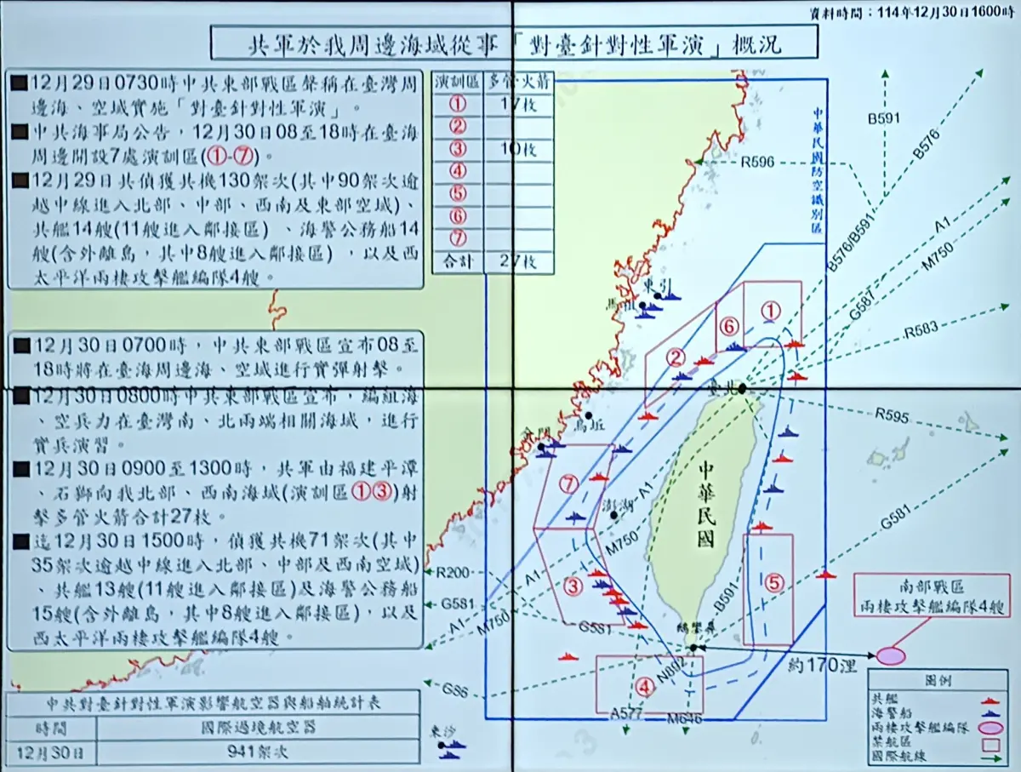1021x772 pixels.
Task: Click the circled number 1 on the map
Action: pos(770,312)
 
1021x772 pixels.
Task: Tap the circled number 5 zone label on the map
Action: pos(773,583)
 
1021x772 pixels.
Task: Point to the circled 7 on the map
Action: pos(569,483)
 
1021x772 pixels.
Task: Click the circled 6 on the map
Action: pos(729,327)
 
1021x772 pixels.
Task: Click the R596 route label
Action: pos(757,161)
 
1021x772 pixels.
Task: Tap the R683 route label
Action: pos(921,330)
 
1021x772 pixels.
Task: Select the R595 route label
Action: pos(892,417)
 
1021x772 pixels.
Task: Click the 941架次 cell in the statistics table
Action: pos(260,752)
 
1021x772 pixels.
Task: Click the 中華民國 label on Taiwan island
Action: pos(704,505)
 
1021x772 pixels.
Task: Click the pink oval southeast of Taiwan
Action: pos(890,656)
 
